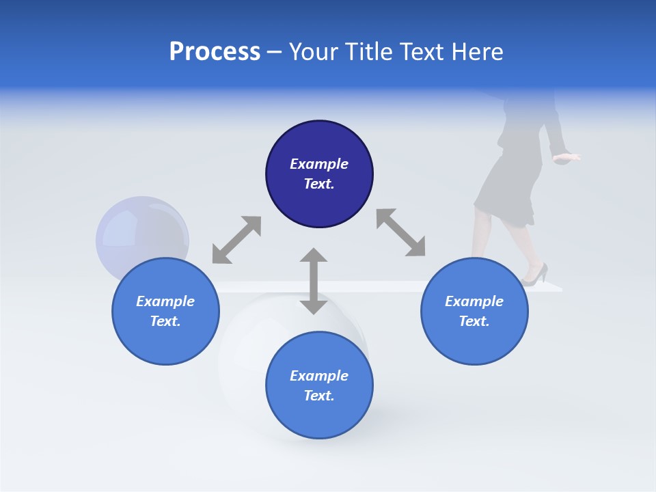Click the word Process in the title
click(215, 52)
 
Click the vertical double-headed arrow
click(314, 281)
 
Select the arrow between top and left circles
click(236, 239)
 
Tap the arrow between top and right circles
click(400, 232)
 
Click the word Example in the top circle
click(319, 164)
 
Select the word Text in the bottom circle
click(318, 396)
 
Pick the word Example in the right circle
click(474, 301)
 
